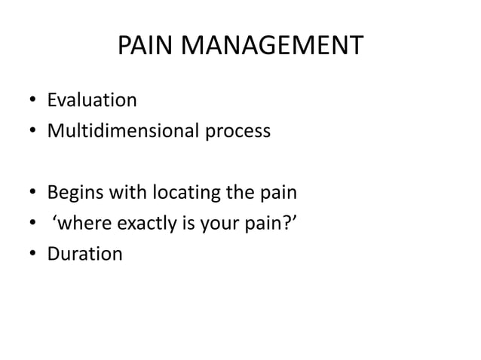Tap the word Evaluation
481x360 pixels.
pos(92,101)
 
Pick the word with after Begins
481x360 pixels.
pos(125,193)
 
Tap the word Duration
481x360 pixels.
pos(85,254)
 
